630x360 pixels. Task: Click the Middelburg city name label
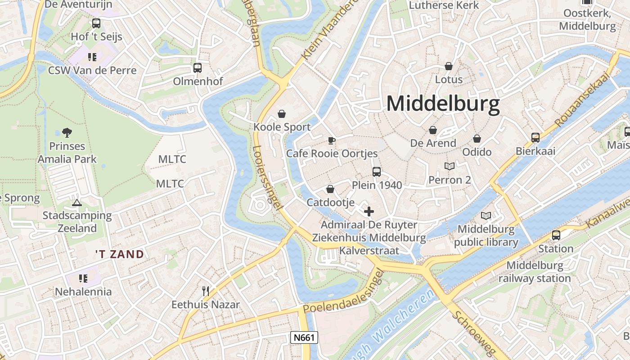pos(443,104)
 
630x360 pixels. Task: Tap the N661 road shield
pos(304,337)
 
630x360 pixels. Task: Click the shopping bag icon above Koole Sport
pos(282,113)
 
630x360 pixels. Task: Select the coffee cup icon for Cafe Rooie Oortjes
pos(332,140)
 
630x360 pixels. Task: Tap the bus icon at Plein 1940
pos(377,171)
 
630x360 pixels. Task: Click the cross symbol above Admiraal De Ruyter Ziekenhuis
pos(369,211)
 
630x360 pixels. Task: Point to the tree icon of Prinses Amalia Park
pos(67,132)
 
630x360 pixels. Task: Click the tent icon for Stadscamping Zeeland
pos(77,202)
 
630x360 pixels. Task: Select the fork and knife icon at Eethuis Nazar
pos(206,291)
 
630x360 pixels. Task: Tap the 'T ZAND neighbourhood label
pos(120,254)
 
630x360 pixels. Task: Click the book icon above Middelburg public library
pos(486,216)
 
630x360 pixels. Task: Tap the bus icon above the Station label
pos(556,235)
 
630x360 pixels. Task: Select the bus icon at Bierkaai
pos(535,138)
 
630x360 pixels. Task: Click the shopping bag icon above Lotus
pos(449,66)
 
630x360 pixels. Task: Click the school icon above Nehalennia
pos(83,279)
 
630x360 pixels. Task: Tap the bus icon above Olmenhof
pos(198,68)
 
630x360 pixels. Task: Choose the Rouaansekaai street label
pos(581,99)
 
